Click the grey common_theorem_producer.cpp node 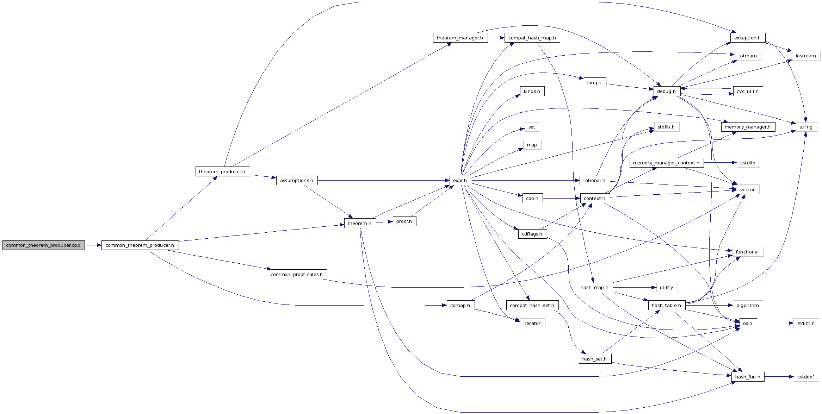click(x=43, y=245)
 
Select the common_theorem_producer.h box click(x=140, y=245)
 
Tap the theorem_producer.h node click(x=222, y=172)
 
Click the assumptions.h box click(x=297, y=181)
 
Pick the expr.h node click(x=460, y=181)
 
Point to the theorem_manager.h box click(x=460, y=38)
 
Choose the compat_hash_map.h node click(x=532, y=38)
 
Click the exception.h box click(x=747, y=38)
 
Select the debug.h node click(x=667, y=92)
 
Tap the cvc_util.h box click(x=748, y=92)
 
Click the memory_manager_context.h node click(x=666, y=163)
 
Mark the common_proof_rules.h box click(x=297, y=275)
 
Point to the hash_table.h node click(x=667, y=306)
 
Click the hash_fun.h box click(x=748, y=377)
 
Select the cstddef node click(x=806, y=377)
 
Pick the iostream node click(x=806, y=56)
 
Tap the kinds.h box click(x=532, y=92)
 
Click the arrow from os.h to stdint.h click(x=775, y=323)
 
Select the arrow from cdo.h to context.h click(x=561, y=199)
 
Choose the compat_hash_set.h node click(x=532, y=306)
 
